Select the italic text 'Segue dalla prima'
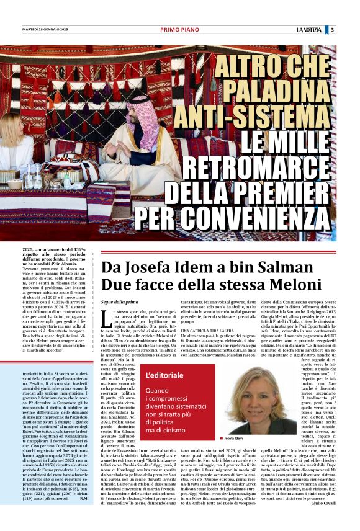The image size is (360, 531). point(119,302)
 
